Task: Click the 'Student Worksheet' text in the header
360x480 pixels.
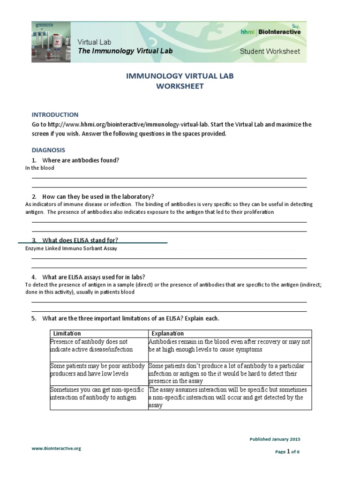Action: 270,51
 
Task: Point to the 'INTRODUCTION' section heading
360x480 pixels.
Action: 55,114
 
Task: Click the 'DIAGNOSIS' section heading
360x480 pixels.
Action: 48,150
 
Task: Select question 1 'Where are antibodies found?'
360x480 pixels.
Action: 80,160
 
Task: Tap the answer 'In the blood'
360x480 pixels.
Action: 40,168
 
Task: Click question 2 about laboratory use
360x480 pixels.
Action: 98,196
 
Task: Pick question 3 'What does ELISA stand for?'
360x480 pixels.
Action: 83,240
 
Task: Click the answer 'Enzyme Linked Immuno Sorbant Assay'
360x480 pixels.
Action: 71,248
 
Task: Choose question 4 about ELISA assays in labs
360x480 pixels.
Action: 97,277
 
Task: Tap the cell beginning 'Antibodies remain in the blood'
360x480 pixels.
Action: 229,345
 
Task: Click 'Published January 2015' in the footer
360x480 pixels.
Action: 275,439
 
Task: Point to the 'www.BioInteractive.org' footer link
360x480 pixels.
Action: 56,448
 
